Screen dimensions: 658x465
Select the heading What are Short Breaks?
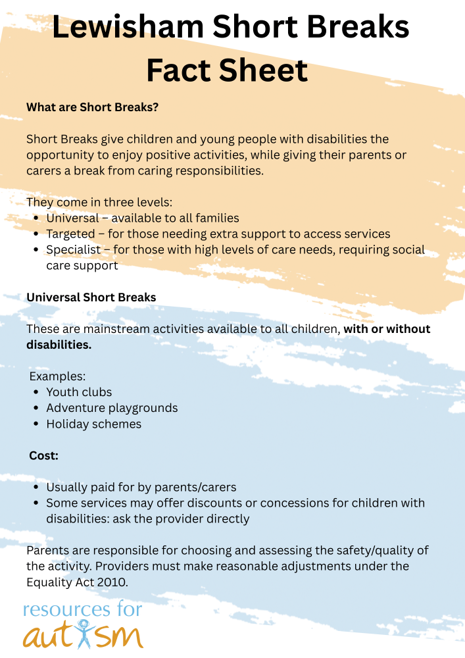click(92, 107)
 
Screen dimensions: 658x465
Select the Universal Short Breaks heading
click(91, 297)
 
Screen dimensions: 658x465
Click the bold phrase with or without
click(387, 329)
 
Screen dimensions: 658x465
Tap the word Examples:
click(58, 376)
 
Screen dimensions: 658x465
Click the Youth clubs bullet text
click(79, 392)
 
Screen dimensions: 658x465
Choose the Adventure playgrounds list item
click(112, 408)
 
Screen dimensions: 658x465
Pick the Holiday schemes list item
click(93, 424)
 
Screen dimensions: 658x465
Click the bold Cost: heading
click(44, 455)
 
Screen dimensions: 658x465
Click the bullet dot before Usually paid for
click(36, 488)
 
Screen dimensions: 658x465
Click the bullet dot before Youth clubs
click(36, 392)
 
